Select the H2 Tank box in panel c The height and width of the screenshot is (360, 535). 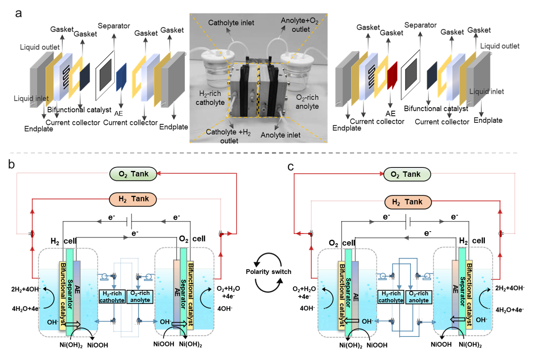click(408, 202)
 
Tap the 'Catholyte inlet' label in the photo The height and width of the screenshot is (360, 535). click(231, 23)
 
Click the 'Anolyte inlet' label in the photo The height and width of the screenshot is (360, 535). click(281, 135)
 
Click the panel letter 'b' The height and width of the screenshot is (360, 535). click(11, 164)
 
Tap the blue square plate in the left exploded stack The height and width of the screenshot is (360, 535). click(121, 77)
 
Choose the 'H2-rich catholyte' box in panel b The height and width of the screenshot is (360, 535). click(112, 297)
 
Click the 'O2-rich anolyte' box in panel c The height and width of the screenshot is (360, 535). click(419, 297)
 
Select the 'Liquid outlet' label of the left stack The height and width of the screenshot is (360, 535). click(40, 47)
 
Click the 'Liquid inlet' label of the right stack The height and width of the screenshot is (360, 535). click(487, 92)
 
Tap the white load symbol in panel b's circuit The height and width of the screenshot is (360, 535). click(129, 221)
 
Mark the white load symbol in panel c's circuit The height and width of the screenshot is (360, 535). click(408, 221)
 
